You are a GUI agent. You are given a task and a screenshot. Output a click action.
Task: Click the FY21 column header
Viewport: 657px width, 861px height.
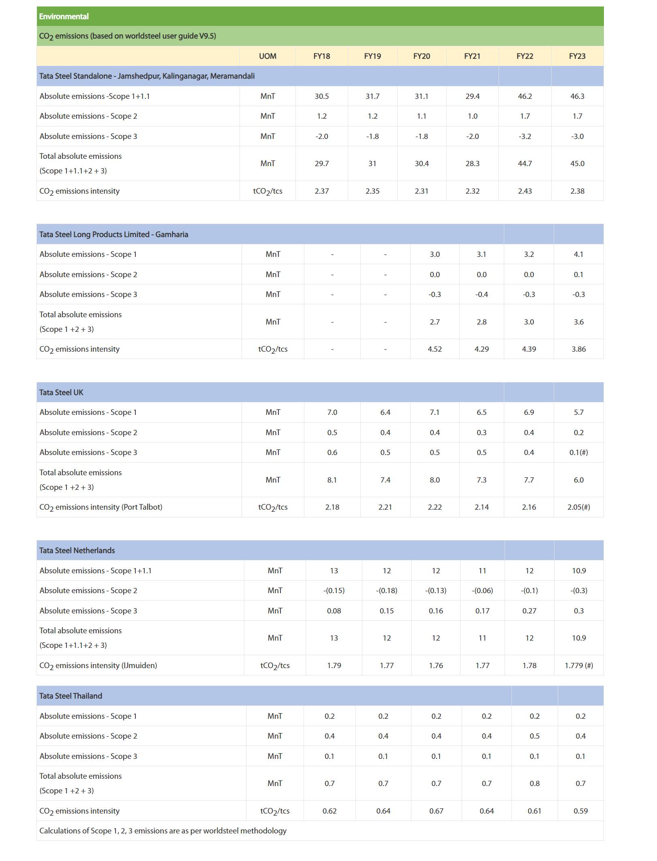(x=472, y=56)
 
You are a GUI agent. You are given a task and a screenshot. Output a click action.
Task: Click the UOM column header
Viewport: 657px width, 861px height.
(x=268, y=56)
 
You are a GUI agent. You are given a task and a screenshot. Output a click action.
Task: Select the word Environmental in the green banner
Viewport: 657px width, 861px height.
(x=64, y=17)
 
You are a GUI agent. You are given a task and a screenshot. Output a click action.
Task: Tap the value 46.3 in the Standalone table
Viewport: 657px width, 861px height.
(x=577, y=96)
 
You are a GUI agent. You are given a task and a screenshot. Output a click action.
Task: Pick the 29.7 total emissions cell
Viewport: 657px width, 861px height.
(x=321, y=163)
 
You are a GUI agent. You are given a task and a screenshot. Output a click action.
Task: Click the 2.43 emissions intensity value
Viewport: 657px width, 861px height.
(x=524, y=191)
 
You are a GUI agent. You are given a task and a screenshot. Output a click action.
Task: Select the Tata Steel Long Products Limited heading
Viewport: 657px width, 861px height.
(x=113, y=234)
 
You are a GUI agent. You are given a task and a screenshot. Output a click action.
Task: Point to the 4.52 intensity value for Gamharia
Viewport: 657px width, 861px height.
(x=434, y=349)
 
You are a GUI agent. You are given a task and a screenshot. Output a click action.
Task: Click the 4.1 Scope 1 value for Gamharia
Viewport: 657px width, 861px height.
(x=578, y=254)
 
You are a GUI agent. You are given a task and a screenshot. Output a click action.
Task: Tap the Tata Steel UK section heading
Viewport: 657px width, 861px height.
(x=61, y=392)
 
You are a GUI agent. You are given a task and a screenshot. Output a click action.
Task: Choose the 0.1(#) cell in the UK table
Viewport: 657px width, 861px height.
(x=578, y=452)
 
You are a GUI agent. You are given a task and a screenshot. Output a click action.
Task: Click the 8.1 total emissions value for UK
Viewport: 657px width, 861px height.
(x=332, y=480)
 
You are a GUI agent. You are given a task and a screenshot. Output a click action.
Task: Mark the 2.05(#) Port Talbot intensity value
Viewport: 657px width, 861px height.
(x=578, y=507)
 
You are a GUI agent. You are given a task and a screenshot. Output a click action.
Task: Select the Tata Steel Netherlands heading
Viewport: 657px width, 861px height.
(x=77, y=550)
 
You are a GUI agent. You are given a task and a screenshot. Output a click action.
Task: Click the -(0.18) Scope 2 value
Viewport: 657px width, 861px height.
(x=386, y=590)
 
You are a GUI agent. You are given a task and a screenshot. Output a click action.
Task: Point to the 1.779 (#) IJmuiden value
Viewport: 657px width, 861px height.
(x=578, y=665)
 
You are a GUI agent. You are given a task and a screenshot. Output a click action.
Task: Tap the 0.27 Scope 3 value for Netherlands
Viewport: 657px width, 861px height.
(x=529, y=611)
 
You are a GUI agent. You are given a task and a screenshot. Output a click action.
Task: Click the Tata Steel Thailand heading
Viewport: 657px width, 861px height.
(x=71, y=696)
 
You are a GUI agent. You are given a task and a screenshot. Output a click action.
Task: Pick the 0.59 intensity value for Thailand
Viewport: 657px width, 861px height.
(x=580, y=811)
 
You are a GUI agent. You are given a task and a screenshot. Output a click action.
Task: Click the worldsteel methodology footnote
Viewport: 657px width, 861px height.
(x=163, y=831)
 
